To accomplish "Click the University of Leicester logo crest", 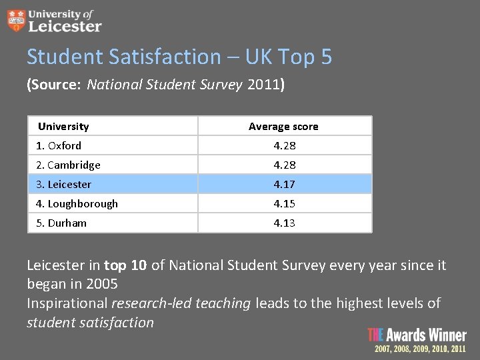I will click(15, 21).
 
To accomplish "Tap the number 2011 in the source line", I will click(263, 85).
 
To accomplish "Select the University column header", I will click(63, 127).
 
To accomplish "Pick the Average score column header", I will click(283, 127).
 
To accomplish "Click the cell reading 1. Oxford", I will click(59, 146).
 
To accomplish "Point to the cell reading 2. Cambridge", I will click(68, 165).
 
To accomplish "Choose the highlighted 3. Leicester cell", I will click(63, 185).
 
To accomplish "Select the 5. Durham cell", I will click(61, 223).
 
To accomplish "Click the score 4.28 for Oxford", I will click(285, 146).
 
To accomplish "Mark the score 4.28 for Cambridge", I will click(285, 165).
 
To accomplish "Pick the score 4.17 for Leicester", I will click(285, 185).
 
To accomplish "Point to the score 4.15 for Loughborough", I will click(285, 204).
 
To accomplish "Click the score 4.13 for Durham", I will click(285, 223).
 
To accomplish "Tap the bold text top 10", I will click(125, 266).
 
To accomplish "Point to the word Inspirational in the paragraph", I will click(67, 304).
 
